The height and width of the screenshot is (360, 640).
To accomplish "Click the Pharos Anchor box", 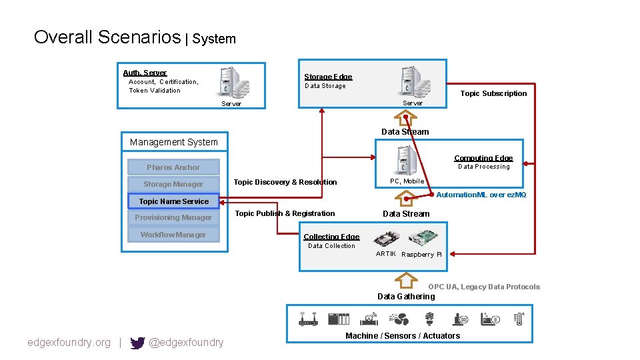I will tap(173, 167).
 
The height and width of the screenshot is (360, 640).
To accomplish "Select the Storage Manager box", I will tap(173, 184).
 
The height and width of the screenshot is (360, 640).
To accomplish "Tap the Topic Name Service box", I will tap(173, 201).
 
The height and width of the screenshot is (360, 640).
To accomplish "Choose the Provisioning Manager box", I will tap(173, 218).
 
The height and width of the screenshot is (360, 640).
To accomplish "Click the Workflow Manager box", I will tap(173, 235).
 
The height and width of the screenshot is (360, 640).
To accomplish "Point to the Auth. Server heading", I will tap(145, 73).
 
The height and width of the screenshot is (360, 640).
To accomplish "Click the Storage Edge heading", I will tap(328, 77).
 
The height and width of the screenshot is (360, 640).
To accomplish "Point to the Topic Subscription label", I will tap(493, 93).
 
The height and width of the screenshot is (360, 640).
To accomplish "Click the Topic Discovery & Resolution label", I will tap(285, 182).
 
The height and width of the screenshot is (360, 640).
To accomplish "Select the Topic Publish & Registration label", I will tap(285, 213).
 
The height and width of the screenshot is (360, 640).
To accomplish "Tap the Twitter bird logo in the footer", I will tap(137, 343).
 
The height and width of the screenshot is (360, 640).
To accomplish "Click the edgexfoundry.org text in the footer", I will tap(69, 343).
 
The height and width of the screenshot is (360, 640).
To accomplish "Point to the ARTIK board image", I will tap(385, 239).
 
